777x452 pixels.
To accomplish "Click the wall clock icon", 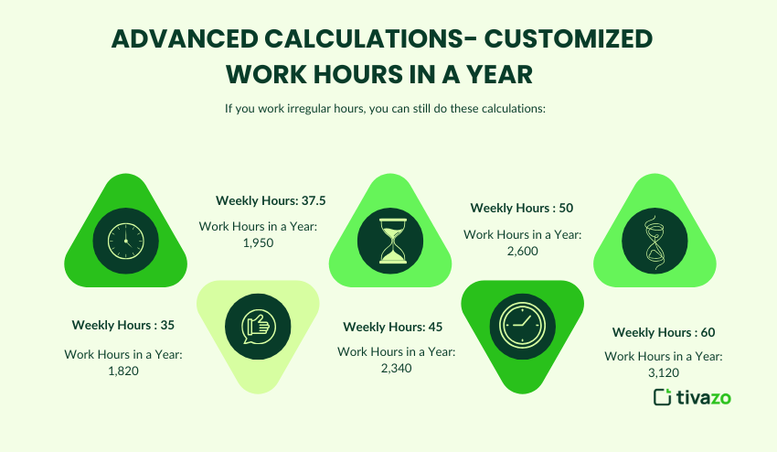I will tap(125, 241).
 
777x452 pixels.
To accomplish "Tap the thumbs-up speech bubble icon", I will tap(258, 324).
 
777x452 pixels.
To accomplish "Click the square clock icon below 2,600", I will tap(523, 324).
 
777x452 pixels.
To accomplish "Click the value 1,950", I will tap(259, 242).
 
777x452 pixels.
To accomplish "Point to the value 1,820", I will tap(123, 371).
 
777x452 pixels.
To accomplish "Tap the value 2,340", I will tap(397, 368).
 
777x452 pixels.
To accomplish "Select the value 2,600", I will tap(522, 251).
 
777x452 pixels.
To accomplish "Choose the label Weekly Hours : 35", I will tap(123, 324).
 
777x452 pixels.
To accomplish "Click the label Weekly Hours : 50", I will tap(522, 208).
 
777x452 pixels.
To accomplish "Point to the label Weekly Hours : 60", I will tap(664, 332).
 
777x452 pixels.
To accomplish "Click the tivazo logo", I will tap(692, 397).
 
